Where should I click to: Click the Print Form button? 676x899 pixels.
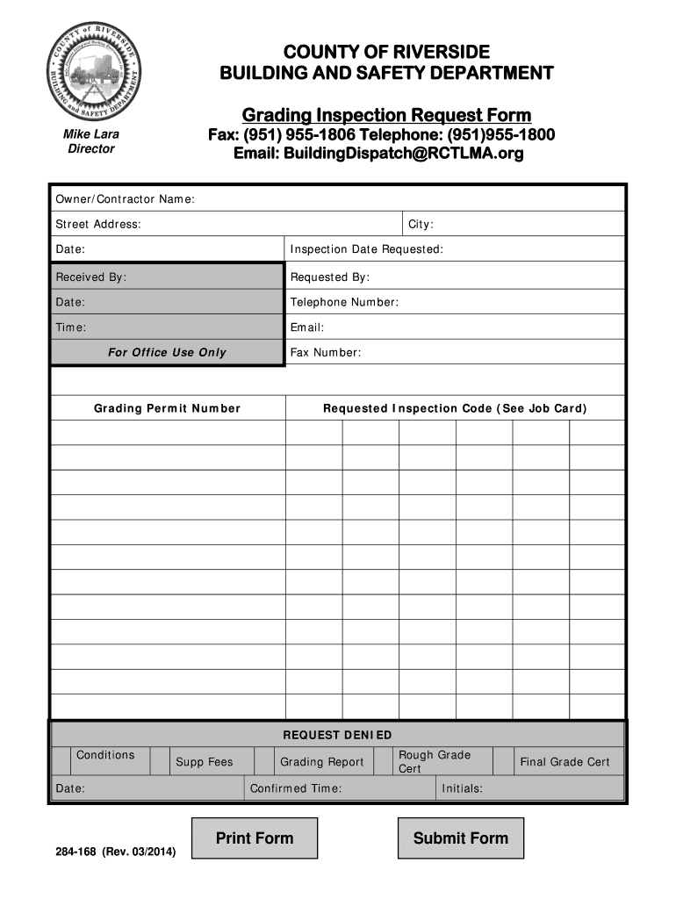pos(255,838)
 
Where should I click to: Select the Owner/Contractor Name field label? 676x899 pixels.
pos(125,199)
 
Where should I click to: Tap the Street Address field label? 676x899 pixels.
pos(98,225)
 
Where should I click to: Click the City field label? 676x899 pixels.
pos(421,225)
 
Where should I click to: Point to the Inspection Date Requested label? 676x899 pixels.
pos(366,250)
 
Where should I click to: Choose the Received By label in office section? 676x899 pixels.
pos(91,277)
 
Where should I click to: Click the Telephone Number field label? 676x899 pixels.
pos(344,303)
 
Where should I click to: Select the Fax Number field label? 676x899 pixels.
pos(326,353)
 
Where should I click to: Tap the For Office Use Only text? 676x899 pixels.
pos(167,353)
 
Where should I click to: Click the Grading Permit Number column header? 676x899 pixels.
pos(167,409)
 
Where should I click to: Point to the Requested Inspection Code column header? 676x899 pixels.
pos(455,409)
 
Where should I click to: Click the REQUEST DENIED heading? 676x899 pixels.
pos(337,735)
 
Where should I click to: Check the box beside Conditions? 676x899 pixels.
pos(61,761)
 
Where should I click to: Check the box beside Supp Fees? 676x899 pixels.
pos(160,761)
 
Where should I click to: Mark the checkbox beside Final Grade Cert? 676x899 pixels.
pos(504,761)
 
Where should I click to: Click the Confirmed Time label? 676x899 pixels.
pos(296,788)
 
